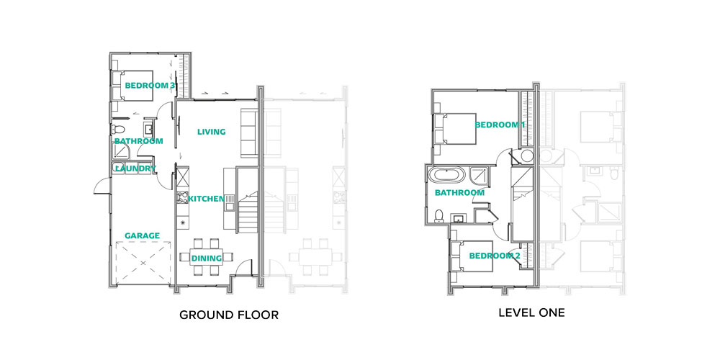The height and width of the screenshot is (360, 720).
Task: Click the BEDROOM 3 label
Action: click(150, 86)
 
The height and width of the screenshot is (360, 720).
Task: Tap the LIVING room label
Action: click(211, 132)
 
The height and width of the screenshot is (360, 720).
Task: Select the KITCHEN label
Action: click(206, 199)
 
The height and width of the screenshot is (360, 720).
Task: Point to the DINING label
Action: click(207, 258)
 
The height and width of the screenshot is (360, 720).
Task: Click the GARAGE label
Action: click(143, 236)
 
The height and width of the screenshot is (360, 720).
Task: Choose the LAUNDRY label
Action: click(135, 168)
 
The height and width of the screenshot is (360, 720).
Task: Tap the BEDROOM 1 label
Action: click(500, 125)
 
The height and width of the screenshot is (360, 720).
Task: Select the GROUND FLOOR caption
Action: click(229, 315)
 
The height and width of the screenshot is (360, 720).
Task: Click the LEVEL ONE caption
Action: click(532, 313)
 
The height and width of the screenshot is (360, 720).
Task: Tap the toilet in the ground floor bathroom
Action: click(117, 129)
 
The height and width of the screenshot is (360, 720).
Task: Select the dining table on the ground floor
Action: click(207, 257)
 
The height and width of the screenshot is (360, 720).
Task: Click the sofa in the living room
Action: click(249, 132)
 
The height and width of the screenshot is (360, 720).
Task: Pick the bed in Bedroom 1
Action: click(454, 129)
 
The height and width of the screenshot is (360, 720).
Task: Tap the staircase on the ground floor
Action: click(248, 200)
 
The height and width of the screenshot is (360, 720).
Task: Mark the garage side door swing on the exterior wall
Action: click(102, 186)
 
